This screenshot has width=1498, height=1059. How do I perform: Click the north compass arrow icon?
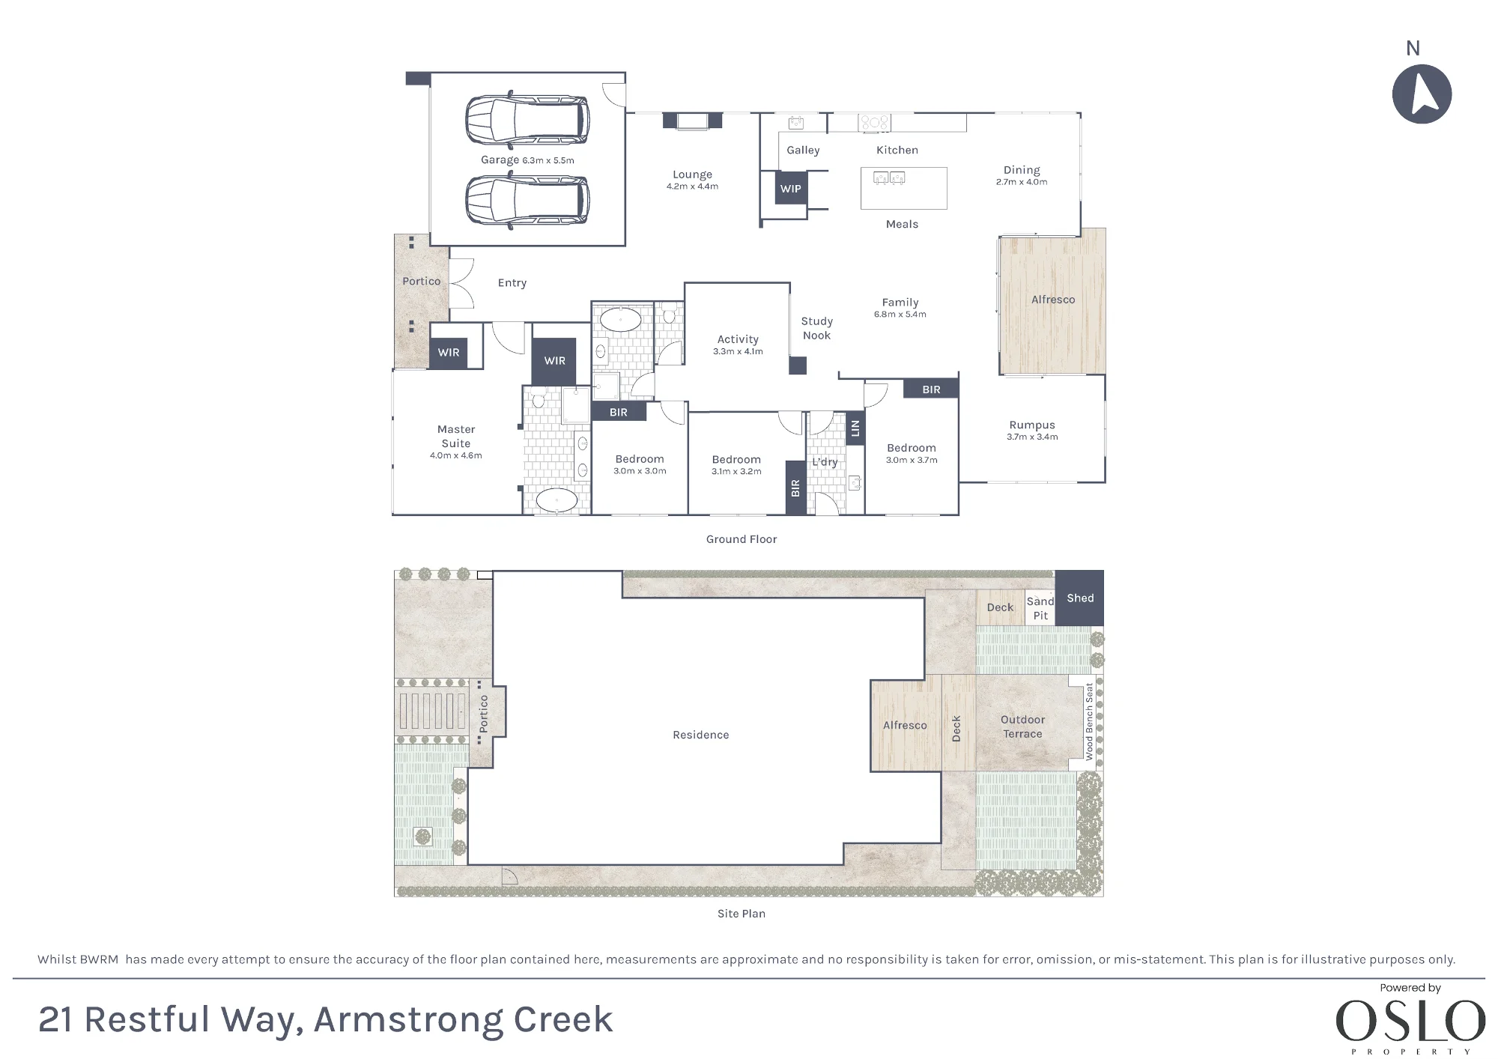(x=1422, y=94)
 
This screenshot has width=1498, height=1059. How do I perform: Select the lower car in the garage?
(x=527, y=201)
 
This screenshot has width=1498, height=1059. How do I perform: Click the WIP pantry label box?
(x=791, y=188)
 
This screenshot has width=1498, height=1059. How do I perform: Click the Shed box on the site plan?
(x=1079, y=598)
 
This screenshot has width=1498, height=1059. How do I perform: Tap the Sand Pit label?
(x=1040, y=608)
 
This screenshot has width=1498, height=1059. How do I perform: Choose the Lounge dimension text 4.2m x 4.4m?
(x=692, y=186)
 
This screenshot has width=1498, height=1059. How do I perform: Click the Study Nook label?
(x=816, y=328)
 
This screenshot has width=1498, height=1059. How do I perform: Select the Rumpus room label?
(x=1032, y=425)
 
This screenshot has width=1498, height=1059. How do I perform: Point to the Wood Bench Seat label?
(x=1090, y=721)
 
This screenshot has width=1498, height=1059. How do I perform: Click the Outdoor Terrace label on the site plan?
(x=1022, y=726)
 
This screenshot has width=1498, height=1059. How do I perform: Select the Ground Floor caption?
(x=742, y=539)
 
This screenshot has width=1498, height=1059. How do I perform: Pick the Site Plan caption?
(x=742, y=914)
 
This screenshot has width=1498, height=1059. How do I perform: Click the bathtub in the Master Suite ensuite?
(x=557, y=500)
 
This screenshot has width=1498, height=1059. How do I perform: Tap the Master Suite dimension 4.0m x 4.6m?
(x=456, y=455)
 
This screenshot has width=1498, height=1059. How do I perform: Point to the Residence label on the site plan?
(x=701, y=735)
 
